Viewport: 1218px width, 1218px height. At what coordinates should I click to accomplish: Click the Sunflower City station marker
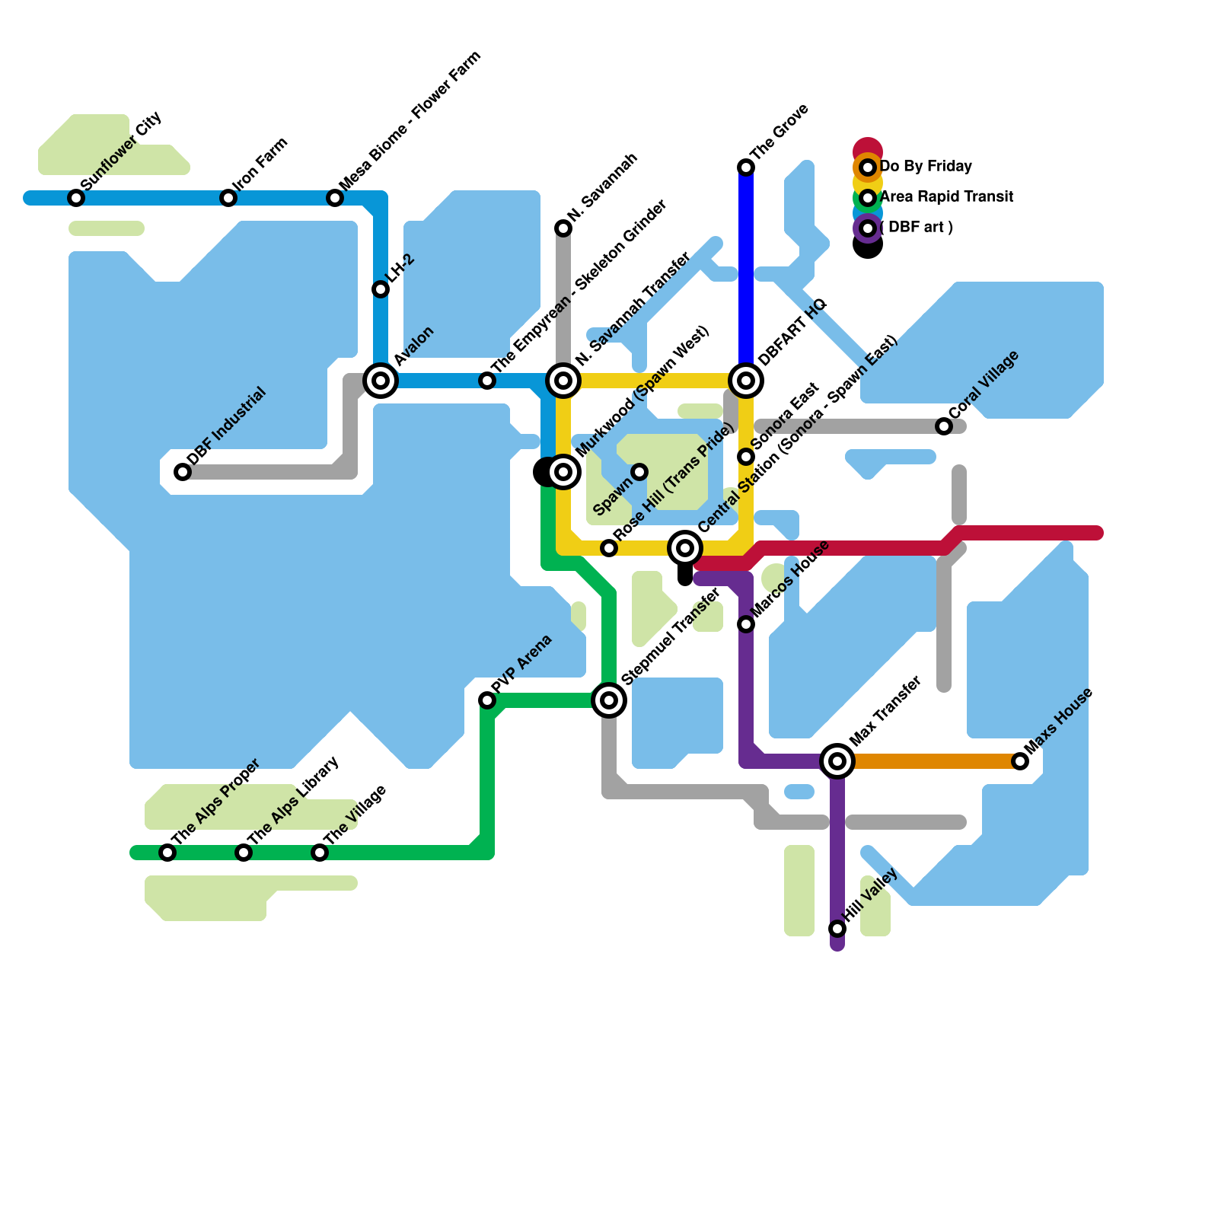(76, 198)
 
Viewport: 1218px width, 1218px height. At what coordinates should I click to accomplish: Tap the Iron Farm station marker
(228, 198)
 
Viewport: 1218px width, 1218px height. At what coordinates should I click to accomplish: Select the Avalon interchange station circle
(381, 380)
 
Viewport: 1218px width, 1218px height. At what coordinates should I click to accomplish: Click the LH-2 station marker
(381, 289)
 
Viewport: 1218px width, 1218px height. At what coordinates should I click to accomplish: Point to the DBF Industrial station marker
(183, 472)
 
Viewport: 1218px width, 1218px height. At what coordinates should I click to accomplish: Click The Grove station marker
(746, 167)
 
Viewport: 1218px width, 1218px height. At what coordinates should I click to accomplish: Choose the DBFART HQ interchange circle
(746, 380)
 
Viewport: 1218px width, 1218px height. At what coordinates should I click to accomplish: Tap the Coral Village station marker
(944, 426)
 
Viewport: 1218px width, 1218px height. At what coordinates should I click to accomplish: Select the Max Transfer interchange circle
(837, 760)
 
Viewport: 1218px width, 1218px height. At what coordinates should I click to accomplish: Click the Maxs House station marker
(1020, 761)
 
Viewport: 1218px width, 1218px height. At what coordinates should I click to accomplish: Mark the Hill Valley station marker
(837, 929)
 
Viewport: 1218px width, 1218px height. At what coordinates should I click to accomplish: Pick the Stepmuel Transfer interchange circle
(609, 700)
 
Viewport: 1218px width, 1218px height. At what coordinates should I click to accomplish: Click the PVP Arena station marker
(487, 700)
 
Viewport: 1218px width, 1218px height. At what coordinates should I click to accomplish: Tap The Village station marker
(320, 853)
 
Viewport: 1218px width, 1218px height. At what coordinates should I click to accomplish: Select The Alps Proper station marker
(167, 853)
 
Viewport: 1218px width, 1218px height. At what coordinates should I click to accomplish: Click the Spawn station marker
(639, 472)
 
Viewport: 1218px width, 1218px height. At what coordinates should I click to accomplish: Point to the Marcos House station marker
(746, 624)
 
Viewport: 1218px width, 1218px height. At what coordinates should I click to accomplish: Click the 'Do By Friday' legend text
(926, 166)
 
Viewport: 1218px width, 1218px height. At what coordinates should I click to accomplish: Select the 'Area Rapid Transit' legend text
(946, 196)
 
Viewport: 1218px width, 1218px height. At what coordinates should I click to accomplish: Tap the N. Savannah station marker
(563, 228)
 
